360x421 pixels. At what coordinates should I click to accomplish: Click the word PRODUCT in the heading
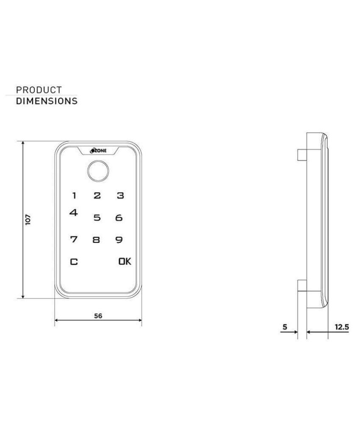[39, 90]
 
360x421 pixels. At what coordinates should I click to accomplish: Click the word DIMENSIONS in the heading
[47, 101]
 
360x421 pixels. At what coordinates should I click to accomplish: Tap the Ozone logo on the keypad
[98, 149]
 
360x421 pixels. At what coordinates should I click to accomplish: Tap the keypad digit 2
[97, 195]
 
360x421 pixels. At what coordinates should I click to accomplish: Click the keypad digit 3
[120, 195]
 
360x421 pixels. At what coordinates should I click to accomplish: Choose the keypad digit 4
[74, 213]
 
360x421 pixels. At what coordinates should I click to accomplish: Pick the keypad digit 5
[97, 218]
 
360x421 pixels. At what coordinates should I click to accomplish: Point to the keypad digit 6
[119, 218]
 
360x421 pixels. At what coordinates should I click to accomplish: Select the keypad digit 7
[74, 239]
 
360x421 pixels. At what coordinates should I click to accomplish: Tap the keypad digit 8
[96, 240]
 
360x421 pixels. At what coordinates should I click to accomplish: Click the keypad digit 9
[119, 239]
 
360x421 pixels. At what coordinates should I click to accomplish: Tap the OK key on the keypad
[125, 261]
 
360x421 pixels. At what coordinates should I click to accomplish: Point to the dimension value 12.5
[341, 327]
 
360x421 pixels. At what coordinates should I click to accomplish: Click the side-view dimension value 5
[284, 327]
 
